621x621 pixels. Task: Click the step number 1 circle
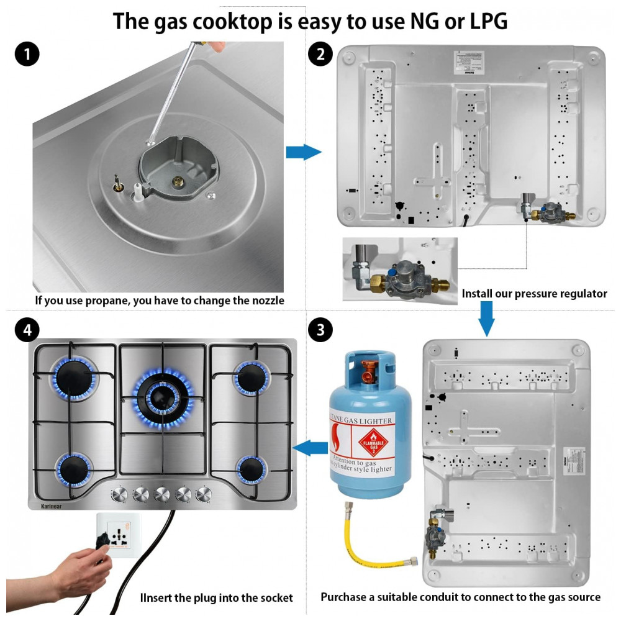click(x=26, y=55)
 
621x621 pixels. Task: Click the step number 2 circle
click(x=320, y=55)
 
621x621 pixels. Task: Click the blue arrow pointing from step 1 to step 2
click(x=303, y=152)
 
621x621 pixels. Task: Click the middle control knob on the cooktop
click(x=162, y=494)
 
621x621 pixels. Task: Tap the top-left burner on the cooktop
click(x=73, y=376)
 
